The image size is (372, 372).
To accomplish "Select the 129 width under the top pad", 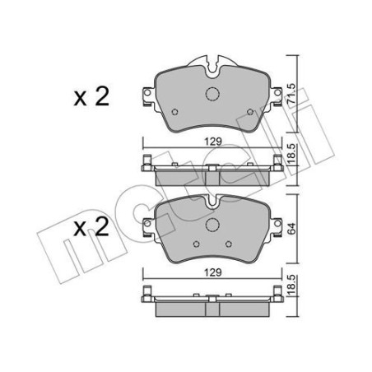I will point(212,141).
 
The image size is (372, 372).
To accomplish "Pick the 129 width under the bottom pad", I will point(212,271).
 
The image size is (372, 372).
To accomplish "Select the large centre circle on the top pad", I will point(212,95).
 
